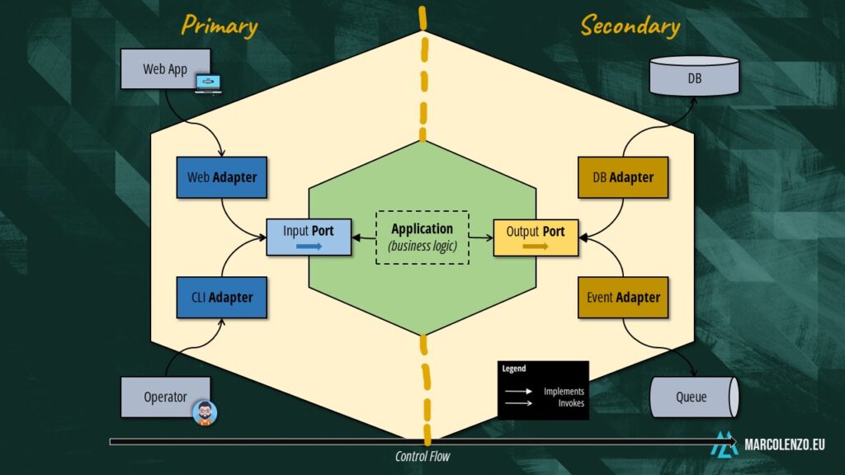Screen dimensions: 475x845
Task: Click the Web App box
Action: (x=165, y=69)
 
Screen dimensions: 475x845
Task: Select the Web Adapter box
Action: (x=221, y=177)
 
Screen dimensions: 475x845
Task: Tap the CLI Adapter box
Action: (x=221, y=297)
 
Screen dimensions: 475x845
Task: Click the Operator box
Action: (x=165, y=397)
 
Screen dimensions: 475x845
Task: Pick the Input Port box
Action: (x=309, y=237)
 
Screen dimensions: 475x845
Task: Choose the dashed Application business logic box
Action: (x=422, y=237)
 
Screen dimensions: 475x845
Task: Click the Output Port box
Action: (x=536, y=237)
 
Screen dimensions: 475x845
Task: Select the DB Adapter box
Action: (x=623, y=177)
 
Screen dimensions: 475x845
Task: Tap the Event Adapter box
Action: (x=623, y=297)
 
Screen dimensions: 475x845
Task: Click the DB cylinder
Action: (x=694, y=76)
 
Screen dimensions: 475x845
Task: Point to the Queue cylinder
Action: (x=693, y=397)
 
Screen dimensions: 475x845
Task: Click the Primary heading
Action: (x=220, y=26)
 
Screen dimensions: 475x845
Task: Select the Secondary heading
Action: (x=630, y=26)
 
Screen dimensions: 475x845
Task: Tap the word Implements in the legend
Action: (x=564, y=391)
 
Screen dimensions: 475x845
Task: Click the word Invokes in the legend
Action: (x=570, y=403)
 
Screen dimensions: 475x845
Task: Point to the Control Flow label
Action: (x=422, y=456)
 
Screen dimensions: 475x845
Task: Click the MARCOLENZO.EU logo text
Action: (x=784, y=444)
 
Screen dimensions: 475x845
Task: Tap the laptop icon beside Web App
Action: (x=208, y=83)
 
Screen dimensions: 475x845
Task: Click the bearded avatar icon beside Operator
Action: (x=205, y=412)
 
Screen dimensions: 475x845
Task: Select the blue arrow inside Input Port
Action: (x=308, y=246)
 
